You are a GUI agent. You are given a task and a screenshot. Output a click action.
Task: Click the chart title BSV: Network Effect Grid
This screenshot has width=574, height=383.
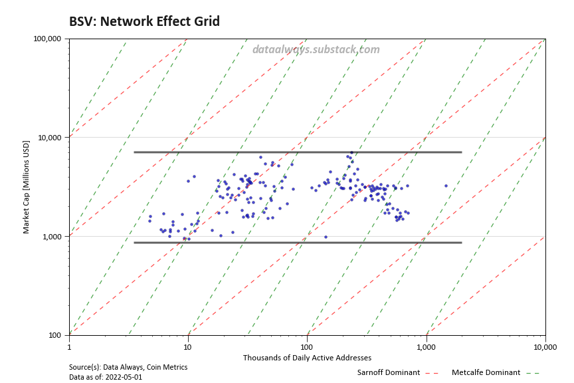(144, 21)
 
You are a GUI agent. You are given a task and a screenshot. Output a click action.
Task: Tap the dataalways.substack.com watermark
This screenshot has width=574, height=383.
(316, 49)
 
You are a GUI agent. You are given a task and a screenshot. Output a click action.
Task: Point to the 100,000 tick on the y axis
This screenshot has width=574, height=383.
(47, 39)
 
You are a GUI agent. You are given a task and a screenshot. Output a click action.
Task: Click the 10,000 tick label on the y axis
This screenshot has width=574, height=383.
(49, 138)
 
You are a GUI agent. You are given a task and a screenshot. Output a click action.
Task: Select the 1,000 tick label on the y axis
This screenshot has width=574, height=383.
(51, 237)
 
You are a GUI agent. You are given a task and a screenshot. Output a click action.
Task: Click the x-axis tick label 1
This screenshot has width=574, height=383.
(69, 346)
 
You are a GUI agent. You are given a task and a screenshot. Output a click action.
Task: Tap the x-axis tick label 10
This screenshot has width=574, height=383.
(188, 346)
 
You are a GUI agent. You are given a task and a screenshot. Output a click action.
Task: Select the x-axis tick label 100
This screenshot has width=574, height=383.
(307, 346)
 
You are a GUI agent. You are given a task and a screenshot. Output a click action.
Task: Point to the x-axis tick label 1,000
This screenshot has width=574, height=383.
(426, 346)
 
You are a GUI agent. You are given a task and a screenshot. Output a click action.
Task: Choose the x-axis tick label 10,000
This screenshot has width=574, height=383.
(545, 346)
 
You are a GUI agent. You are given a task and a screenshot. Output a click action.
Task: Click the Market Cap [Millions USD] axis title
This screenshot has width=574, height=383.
(27, 187)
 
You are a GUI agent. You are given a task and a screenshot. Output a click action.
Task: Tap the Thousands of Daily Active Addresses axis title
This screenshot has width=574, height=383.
(307, 358)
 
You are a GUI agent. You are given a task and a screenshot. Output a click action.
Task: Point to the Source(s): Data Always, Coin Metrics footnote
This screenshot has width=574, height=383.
(128, 367)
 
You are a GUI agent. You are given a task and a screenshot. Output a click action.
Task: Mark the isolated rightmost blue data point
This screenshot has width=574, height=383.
(446, 186)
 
